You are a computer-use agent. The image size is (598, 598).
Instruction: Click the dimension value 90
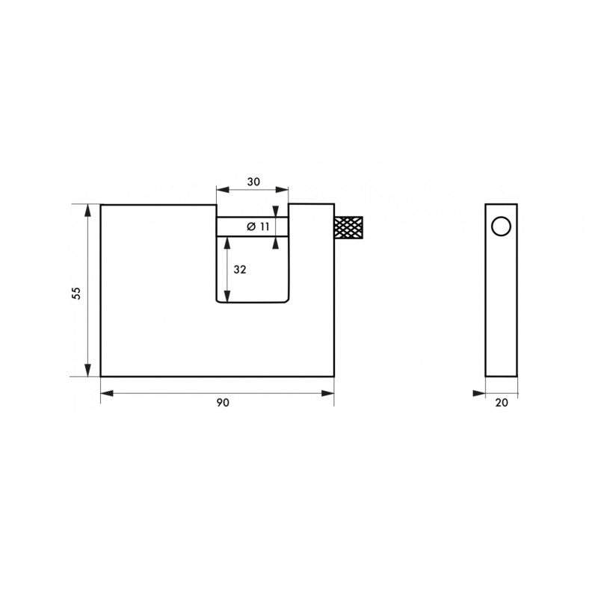click(223, 402)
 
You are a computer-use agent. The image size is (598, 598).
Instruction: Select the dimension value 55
click(77, 293)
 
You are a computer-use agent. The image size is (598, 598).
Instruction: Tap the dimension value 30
click(253, 182)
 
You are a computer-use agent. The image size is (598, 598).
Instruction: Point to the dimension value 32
click(240, 270)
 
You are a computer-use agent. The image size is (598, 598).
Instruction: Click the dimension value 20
click(502, 402)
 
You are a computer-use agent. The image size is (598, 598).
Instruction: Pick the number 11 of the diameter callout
click(265, 226)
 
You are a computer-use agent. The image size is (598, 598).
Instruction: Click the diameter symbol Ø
click(251, 227)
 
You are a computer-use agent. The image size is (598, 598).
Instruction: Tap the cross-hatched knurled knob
click(348, 227)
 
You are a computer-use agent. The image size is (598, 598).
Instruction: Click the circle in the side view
click(501, 226)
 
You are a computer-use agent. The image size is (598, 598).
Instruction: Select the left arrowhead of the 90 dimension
click(107, 393)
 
